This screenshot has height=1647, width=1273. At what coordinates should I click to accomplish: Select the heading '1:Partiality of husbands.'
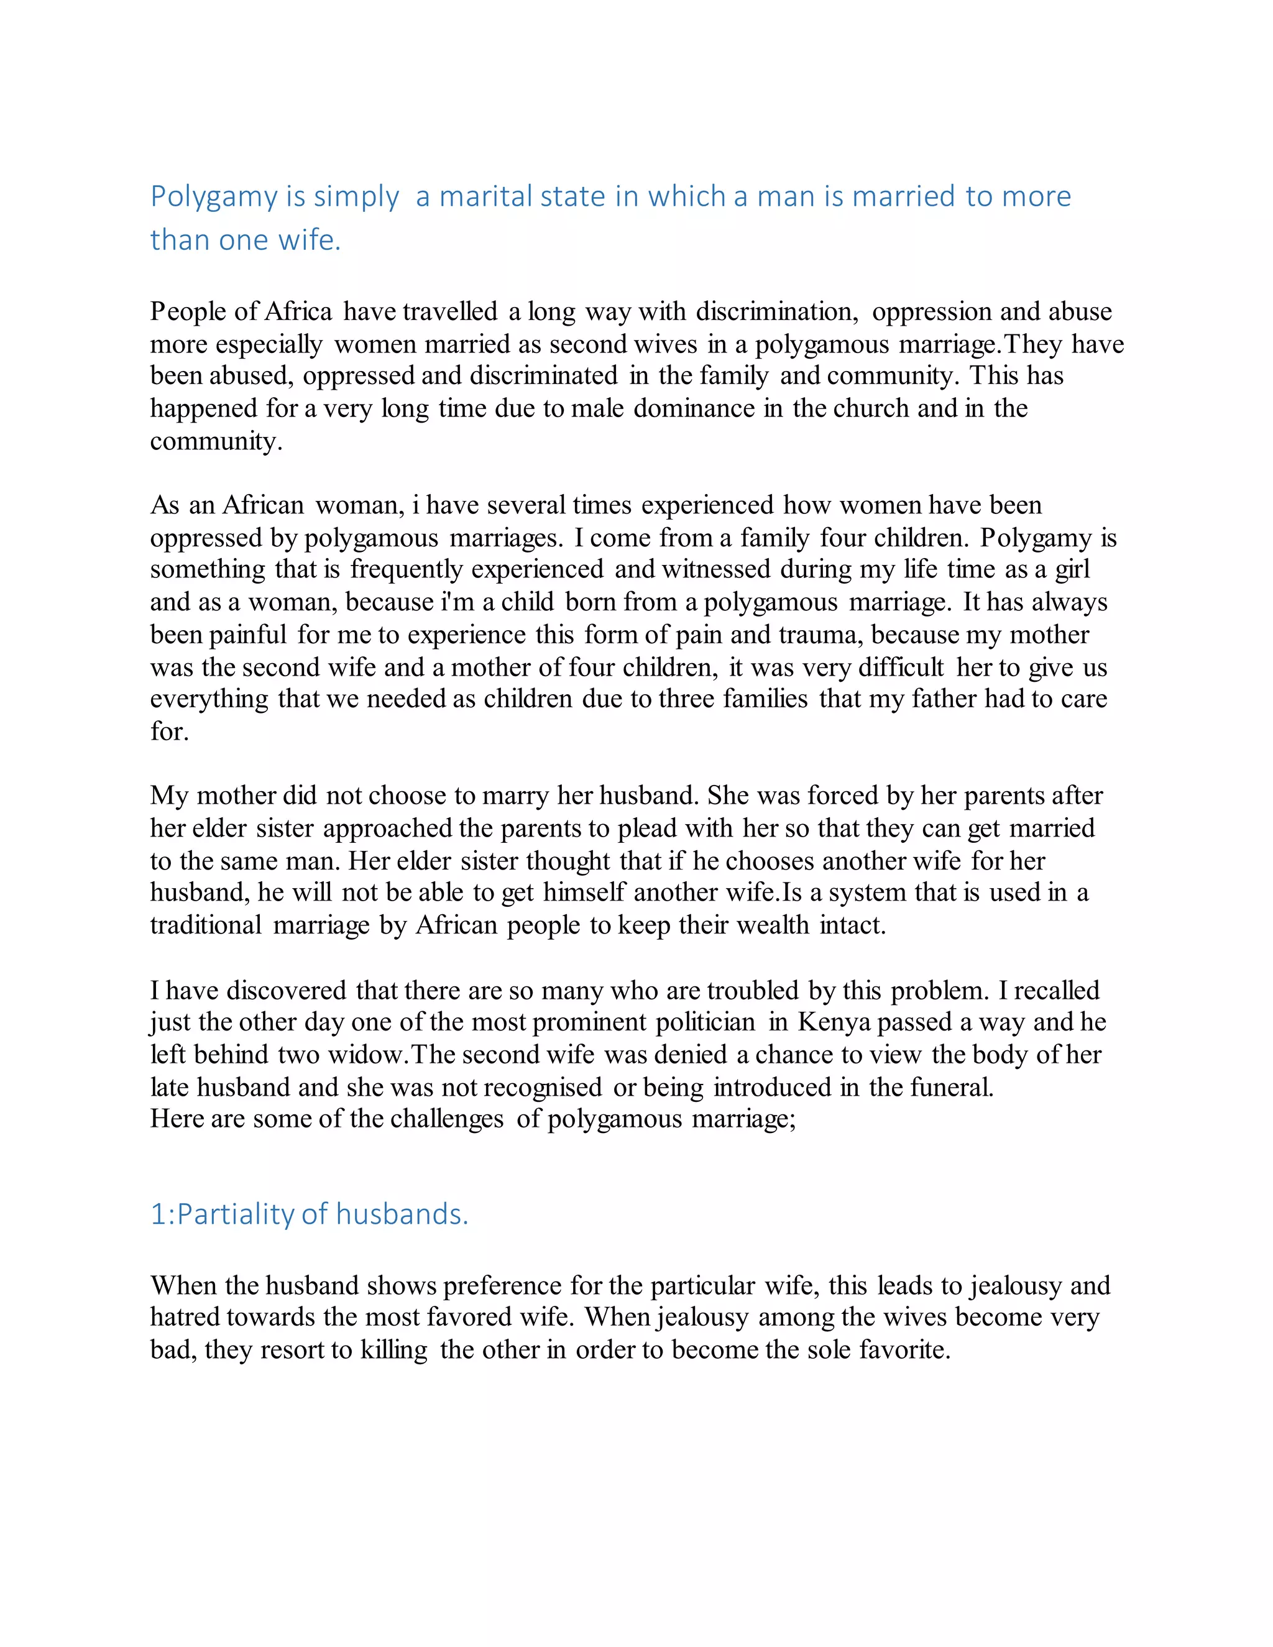[x=309, y=1214]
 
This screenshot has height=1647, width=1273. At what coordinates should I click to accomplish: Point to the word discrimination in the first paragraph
[x=776, y=311]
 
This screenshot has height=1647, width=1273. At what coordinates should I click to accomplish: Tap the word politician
[x=705, y=1022]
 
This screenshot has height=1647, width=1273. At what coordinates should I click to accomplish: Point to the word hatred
[x=185, y=1317]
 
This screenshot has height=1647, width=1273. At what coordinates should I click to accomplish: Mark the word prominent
[x=589, y=1022]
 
